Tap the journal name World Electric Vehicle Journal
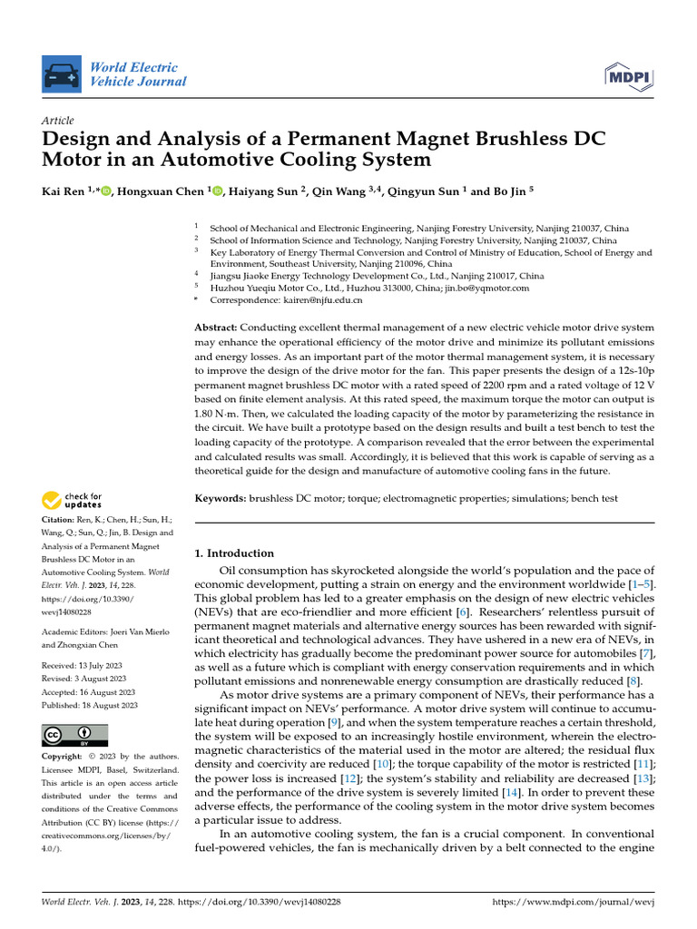tap(138, 74)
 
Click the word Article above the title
tap(58, 121)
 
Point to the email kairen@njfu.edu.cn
tap(331, 299)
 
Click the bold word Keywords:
tap(221, 499)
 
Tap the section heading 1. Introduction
tap(234, 553)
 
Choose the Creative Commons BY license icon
tap(75, 735)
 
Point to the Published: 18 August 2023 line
tap(90, 705)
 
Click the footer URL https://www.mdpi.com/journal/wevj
tap(573, 902)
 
